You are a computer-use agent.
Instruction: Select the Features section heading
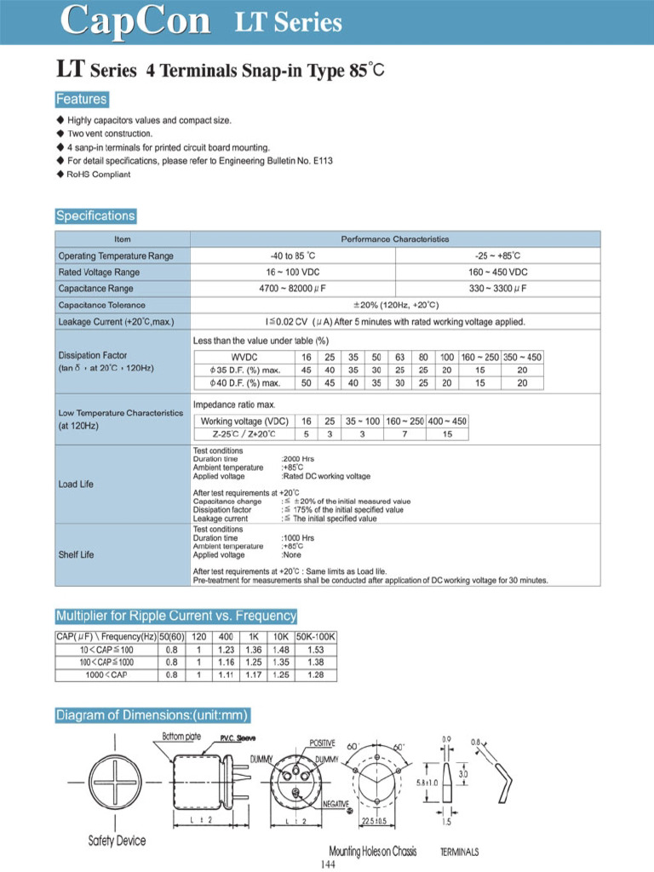click(82, 99)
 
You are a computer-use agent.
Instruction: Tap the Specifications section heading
click(95, 215)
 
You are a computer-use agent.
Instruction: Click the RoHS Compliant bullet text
click(99, 174)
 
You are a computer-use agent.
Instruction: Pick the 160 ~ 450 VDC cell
click(498, 272)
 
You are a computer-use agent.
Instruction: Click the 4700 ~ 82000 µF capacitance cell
click(293, 289)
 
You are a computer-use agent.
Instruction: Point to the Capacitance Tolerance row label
click(101, 305)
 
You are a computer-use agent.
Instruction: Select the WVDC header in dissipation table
click(244, 357)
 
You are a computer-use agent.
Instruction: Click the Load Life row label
click(76, 485)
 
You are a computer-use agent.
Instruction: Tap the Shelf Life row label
click(76, 555)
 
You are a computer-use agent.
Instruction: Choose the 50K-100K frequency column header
click(316, 637)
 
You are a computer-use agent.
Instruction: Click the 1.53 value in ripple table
click(316, 650)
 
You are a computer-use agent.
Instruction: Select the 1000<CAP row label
click(106, 675)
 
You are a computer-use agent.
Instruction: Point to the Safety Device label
click(117, 841)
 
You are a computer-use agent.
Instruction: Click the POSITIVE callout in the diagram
click(322, 743)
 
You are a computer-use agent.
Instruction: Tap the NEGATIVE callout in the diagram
click(335, 804)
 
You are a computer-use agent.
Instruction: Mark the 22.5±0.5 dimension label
click(375, 821)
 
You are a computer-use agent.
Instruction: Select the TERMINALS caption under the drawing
click(459, 852)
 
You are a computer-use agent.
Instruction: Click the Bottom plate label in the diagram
click(181, 737)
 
